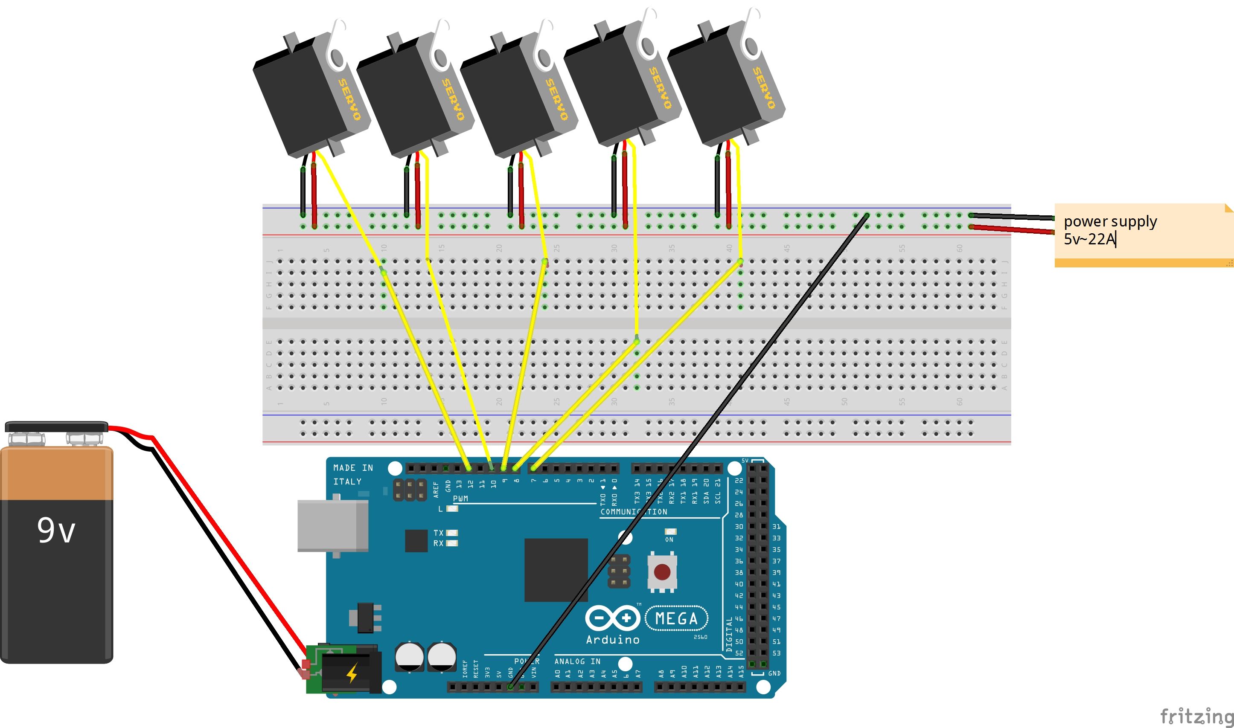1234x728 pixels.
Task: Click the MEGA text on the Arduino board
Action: pyautogui.click(x=676, y=618)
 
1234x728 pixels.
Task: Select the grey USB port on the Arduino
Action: pyautogui.click(x=333, y=525)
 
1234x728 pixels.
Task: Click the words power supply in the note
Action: pyautogui.click(x=1110, y=222)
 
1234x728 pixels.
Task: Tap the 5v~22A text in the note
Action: pyautogui.click(x=1089, y=239)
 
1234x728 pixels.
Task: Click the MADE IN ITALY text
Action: pyautogui.click(x=353, y=475)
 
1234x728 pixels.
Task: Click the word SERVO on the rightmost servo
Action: pyautogui.click(x=764, y=88)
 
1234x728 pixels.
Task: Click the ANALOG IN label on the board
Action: pyautogui.click(x=577, y=661)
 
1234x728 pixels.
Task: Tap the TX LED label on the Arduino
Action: pyautogui.click(x=438, y=533)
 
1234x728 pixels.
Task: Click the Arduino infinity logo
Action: pyautogui.click(x=612, y=618)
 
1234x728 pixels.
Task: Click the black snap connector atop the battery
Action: pyautogui.click(x=56, y=426)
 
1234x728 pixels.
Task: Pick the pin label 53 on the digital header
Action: pyautogui.click(x=776, y=653)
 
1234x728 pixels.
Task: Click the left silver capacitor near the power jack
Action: pyautogui.click(x=410, y=657)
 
